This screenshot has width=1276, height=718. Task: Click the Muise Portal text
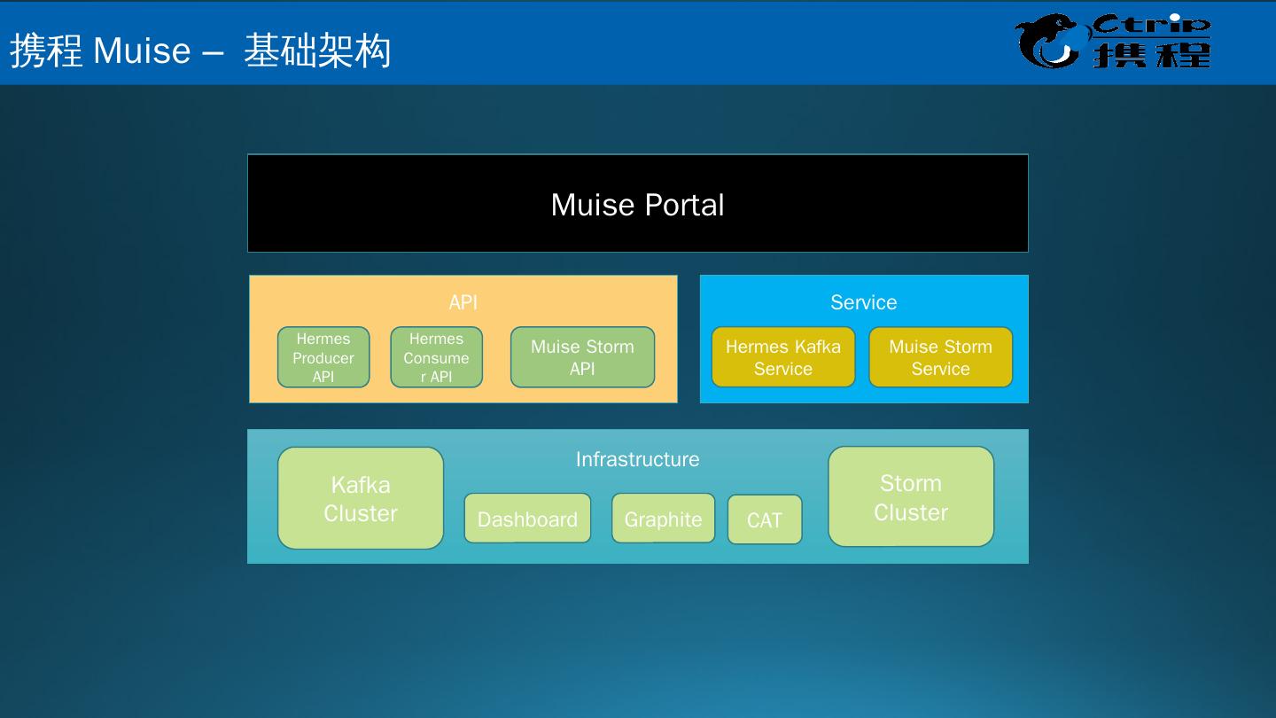637,205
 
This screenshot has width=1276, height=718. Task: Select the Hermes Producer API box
323,357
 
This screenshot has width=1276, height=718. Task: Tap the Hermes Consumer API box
436,357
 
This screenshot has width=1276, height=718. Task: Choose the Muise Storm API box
582,357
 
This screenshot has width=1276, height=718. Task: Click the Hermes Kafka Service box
783,357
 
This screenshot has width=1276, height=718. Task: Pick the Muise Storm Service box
940,357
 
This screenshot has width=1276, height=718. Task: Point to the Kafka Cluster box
361,498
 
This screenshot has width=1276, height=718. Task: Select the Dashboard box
527,519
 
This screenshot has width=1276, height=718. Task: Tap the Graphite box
663,519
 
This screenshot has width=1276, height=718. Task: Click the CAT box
765,519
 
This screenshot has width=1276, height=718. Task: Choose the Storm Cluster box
911,496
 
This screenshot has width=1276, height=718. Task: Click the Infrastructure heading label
637,459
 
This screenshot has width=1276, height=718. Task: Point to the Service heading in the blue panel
863,302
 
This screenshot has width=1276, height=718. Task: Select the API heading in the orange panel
463,302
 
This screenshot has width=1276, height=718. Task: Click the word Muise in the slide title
142,51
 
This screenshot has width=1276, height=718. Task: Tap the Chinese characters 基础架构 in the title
317,51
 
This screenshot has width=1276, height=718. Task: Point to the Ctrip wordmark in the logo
1151,24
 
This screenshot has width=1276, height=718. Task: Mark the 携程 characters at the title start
46,51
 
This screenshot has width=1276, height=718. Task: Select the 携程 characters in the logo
1151,54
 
